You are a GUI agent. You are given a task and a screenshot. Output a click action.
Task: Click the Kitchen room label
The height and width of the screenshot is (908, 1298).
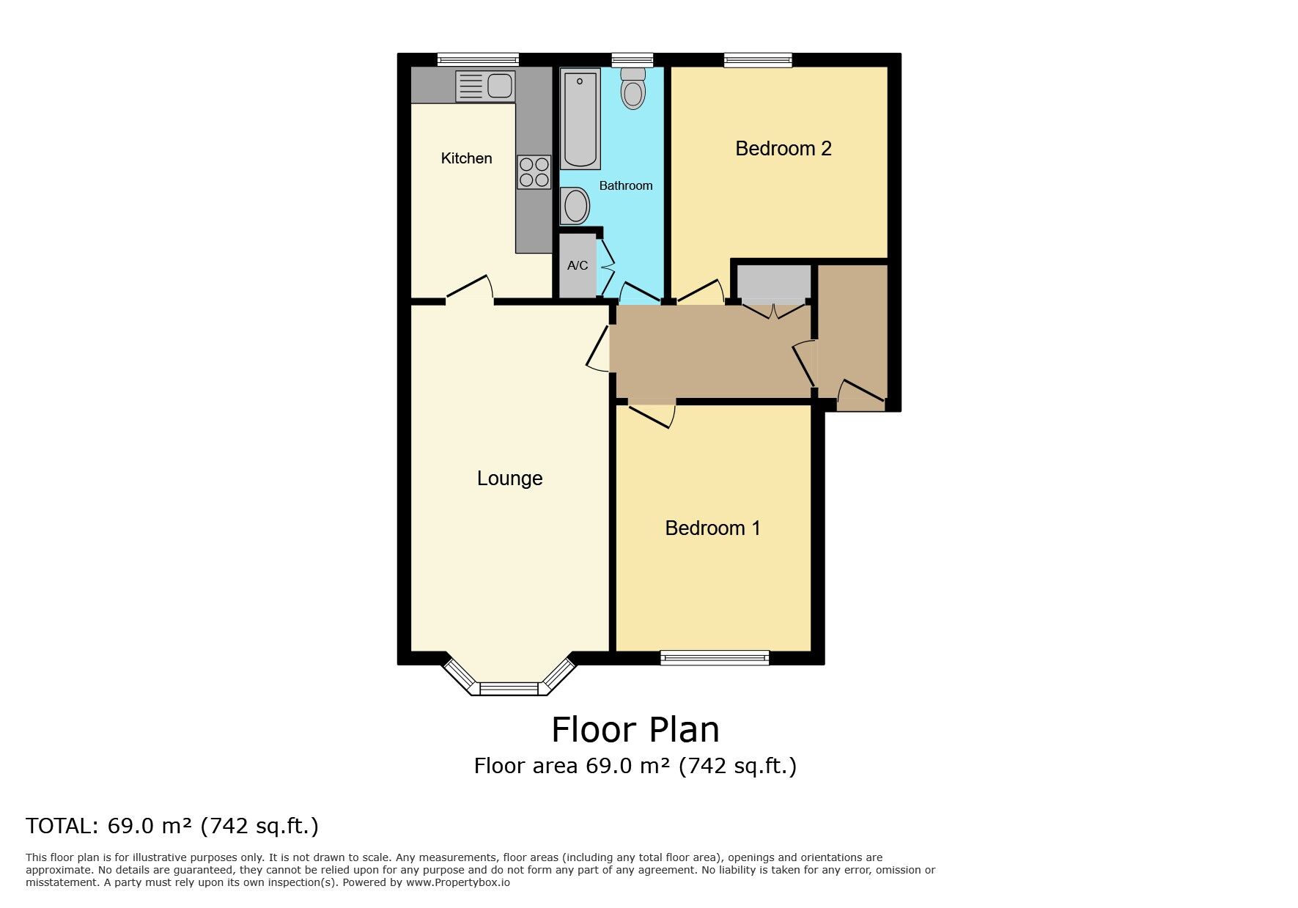pos(466,158)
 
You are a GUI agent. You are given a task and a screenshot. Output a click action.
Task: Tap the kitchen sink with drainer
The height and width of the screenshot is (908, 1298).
pos(485,86)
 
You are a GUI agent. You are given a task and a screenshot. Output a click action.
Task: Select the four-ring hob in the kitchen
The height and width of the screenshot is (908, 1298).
pos(534,172)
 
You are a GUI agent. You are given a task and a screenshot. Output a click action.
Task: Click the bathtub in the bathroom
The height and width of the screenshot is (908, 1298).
pos(581,119)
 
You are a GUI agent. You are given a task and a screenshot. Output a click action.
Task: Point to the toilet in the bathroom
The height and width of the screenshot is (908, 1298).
pos(633,89)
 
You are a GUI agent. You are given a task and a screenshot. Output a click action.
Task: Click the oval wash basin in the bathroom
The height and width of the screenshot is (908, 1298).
pos(575,206)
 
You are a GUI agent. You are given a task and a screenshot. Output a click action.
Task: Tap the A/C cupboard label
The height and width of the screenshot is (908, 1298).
pos(578,265)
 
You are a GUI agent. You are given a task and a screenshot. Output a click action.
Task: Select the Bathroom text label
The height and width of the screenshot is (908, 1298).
pos(625,186)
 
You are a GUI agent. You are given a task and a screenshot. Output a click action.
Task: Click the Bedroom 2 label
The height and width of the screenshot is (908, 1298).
pos(783,149)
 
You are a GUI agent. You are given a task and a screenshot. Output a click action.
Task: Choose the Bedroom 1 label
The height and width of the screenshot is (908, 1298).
pos(712,528)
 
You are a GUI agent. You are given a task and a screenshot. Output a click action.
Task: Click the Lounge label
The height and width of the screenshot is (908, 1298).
pos(509,479)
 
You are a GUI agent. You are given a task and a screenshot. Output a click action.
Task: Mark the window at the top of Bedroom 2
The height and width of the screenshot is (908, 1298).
pos(758,60)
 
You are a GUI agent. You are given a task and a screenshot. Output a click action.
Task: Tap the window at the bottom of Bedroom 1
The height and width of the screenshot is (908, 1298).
pos(715,657)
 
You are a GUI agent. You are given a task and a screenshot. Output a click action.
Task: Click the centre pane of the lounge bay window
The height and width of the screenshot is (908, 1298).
pos(509,689)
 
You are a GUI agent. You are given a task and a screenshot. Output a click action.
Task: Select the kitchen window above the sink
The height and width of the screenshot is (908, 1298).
pos(478,60)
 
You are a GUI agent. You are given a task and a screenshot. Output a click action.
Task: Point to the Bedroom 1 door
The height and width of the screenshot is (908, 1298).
pos(652,415)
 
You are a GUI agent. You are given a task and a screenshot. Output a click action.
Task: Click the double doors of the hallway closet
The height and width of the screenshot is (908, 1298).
pos(773,309)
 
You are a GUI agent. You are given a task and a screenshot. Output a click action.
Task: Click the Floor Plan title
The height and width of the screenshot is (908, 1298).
pos(635,730)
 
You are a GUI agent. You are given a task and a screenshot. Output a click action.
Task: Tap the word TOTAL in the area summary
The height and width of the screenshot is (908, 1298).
pos(61,826)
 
